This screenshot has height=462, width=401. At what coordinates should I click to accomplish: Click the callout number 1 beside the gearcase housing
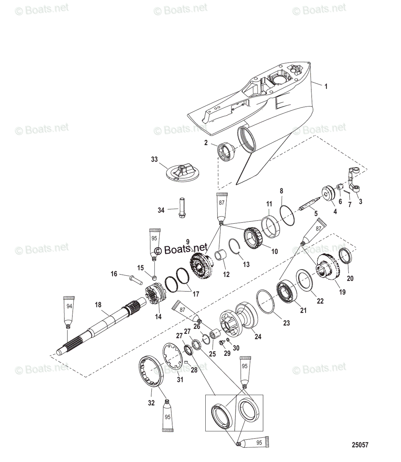pyautogui.click(x=326, y=87)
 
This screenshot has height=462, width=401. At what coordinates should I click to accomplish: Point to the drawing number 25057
pyautogui.click(x=360, y=445)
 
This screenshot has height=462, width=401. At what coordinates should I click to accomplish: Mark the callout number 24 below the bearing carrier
pyautogui.click(x=258, y=336)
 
